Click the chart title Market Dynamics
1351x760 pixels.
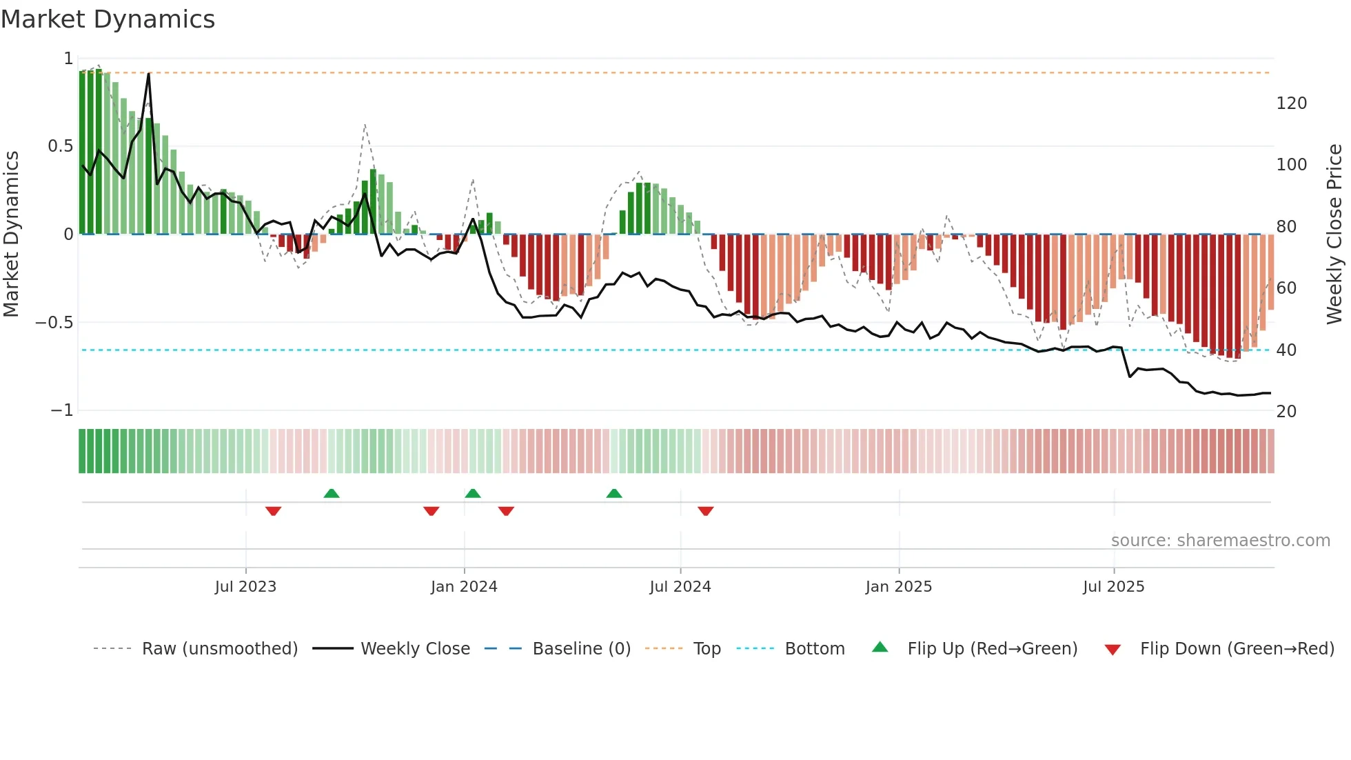[x=108, y=19]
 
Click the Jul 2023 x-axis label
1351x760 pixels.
[x=245, y=587]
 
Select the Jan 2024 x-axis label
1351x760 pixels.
[x=464, y=587]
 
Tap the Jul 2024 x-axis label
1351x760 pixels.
[x=680, y=587]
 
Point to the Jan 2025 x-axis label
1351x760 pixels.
[x=899, y=587]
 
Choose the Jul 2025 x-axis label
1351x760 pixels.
[x=1114, y=587]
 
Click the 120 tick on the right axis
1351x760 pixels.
[x=1292, y=103]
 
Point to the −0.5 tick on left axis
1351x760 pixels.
[x=54, y=323]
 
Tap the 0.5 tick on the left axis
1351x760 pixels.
[x=61, y=146]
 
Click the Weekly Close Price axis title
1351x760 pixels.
[x=1334, y=234]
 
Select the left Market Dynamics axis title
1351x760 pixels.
[x=11, y=234]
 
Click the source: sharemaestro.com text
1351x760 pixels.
[x=1221, y=541]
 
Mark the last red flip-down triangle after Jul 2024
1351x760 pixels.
[x=705, y=511]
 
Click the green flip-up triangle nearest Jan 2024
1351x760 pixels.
[x=473, y=493]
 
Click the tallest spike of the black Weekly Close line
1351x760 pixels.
[x=149, y=74]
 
